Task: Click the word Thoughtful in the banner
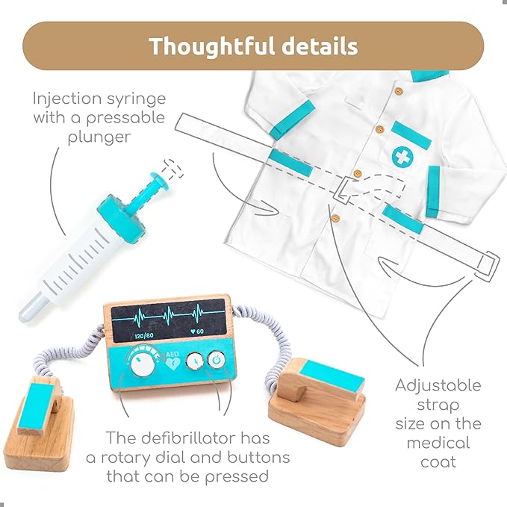(212, 46)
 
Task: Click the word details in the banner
(320, 46)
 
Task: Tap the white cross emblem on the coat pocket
(402, 157)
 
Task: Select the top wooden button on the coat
(399, 91)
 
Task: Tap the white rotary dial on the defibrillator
(143, 364)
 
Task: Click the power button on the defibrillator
(217, 359)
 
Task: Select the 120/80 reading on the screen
(143, 335)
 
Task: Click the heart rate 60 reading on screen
(197, 331)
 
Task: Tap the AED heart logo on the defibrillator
(172, 361)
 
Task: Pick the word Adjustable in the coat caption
(438, 386)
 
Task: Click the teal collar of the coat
(430, 75)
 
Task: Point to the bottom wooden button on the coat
(336, 219)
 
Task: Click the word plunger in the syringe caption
(99, 137)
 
